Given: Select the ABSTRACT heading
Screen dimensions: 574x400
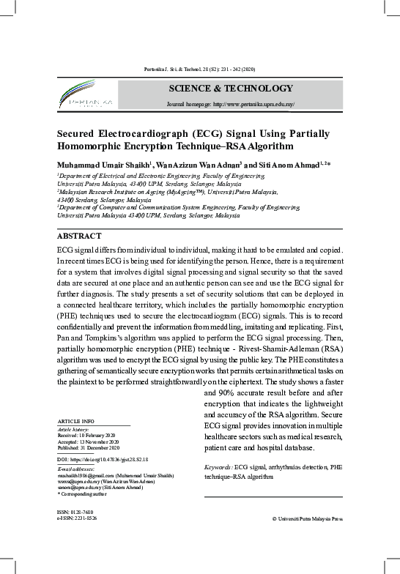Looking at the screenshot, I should (x=81, y=236).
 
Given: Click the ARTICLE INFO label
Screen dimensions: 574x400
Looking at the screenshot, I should (x=75, y=422).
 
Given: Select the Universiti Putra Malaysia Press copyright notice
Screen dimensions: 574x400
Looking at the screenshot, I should (x=307, y=518).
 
